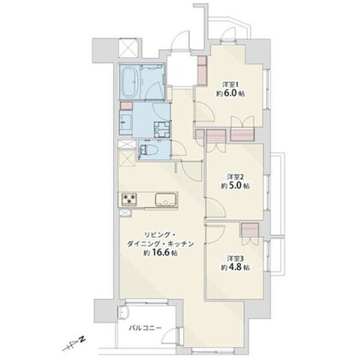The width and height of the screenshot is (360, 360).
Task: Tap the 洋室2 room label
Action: click(x=235, y=177)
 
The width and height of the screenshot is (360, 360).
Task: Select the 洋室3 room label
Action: click(x=235, y=258)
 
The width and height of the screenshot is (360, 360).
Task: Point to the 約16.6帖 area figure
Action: click(x=161, y=253)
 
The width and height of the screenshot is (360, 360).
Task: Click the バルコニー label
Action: click(x=145, y=328)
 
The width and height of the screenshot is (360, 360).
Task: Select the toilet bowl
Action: click(x=149, y=150)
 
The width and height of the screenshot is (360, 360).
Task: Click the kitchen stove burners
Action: click(x=130, y=199)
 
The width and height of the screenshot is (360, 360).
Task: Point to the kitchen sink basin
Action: click(x=166, y=199)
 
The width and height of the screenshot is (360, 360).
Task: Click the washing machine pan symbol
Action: click(x=163, y=129)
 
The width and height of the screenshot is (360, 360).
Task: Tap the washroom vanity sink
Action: click(x=126, y=122)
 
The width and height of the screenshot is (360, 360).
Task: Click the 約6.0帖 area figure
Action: click(x=230, y=94)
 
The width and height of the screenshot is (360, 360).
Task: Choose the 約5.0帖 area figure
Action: click(x=235, y=186)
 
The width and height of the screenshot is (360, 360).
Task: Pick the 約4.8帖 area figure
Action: click(x=235, y=267)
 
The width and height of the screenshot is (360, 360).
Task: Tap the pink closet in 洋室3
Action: click(x=250, y=230)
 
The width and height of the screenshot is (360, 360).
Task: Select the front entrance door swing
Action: click(x=181, y=40)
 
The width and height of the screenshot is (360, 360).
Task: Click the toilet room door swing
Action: click(x=179, y=148)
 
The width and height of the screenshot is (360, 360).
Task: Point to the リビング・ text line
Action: click(x=160, y=234)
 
